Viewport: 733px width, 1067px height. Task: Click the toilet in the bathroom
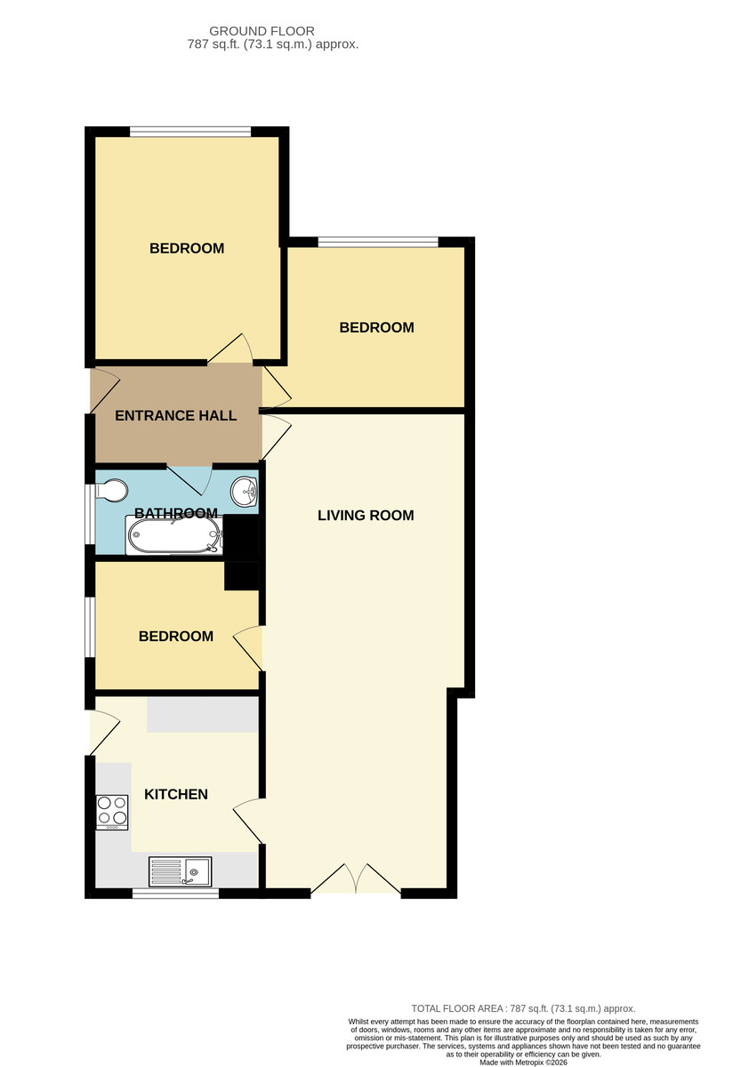[112, 491]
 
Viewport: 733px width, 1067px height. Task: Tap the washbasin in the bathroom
[245, 491]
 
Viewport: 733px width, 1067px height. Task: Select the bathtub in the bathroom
[174, 535]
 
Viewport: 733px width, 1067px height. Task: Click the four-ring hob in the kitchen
[112, 812]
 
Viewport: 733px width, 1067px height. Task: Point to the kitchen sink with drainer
[181, 871]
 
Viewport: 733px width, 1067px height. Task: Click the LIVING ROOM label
[366, 516]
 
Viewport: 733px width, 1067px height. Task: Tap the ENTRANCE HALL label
[176, 416]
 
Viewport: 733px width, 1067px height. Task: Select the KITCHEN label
[176, 795]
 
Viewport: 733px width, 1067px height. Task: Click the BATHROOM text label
[176, 513]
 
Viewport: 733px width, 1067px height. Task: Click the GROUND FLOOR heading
[262, 31]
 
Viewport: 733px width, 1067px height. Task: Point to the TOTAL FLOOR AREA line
[523, 1008]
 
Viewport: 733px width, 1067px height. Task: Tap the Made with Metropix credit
[523, 1063]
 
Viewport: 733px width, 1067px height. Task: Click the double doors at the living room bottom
[356, 878]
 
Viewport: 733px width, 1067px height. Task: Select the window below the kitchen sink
[175, 894]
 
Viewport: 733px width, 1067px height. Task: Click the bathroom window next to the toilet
[90, 515]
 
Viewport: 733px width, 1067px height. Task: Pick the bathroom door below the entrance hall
[189, 478]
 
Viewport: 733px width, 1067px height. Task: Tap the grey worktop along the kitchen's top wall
[203, 715]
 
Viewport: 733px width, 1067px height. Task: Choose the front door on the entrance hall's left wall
[105, 389]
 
